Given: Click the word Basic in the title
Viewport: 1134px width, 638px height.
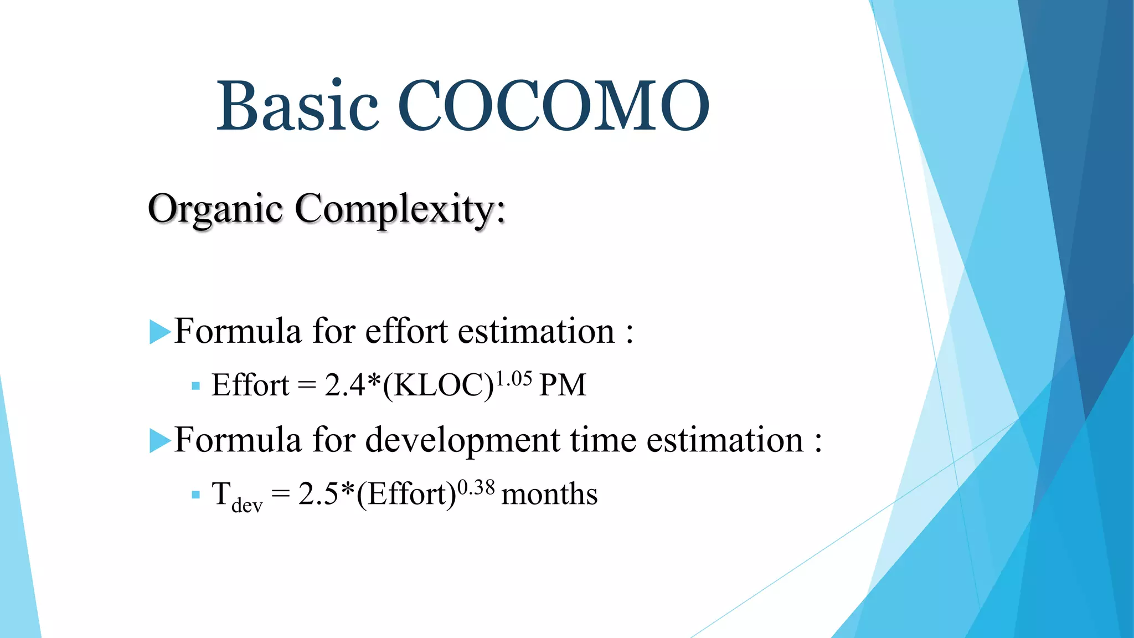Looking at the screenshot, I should pos(297,105).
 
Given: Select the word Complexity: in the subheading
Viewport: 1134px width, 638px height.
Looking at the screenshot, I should pos(400,209).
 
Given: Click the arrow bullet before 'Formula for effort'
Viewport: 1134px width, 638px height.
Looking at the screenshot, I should pos(159,332).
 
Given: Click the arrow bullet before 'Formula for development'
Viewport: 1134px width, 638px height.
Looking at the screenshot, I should pos(159,441).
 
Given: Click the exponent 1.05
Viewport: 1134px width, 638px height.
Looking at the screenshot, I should pos(513,379).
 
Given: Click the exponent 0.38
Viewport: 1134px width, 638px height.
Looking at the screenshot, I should pos(476,488).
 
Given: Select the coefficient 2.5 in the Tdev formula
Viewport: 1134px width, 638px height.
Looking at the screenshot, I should pos(318,494).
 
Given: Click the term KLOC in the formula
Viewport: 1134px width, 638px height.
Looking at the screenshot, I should pos(438,385).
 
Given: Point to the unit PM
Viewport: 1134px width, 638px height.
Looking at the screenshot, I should pos(562,385).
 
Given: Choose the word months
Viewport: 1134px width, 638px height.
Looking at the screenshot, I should pos(549,494).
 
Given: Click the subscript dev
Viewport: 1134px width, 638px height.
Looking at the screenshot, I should pos(247,506).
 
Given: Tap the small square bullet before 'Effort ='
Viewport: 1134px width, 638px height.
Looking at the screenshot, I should pos(195,386).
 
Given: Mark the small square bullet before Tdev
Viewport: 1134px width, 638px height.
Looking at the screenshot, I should pos(195,495).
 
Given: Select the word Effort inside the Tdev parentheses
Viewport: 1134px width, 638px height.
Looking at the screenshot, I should pos(406,494).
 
